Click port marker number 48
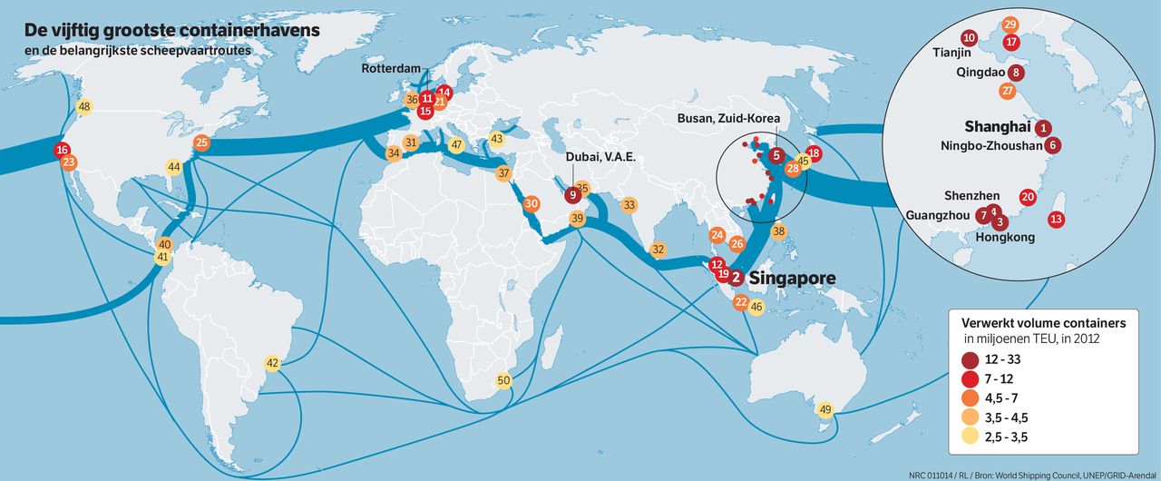tap(84, 107)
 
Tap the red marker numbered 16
tap(62, 150)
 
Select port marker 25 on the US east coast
tap(202, 142)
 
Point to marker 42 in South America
tap(272, 363)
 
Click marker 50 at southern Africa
tap(504, 380)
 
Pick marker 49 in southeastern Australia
tap(824, 409)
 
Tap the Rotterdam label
tap(392, 69)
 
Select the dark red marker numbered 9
tap(572, 193)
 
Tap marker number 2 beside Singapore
tap(737, 278)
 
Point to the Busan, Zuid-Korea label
tap(729, 119)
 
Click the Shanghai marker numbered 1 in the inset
tap(1044, 128)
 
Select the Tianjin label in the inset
tap(951, 54)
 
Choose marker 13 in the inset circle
tap(1056, 219)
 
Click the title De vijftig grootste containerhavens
tap(171, 32)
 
